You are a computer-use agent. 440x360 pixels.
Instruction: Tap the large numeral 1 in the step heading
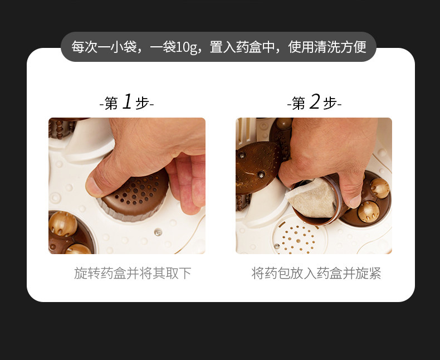[x=127, y=101]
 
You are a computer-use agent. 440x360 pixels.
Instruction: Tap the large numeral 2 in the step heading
[x=315, y=101]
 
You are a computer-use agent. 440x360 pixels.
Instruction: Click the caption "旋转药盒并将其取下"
[x=133, y=273]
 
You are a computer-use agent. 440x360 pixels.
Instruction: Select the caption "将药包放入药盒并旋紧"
[x=316, y=273]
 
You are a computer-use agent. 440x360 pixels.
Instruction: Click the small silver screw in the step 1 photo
[x=158, y=232]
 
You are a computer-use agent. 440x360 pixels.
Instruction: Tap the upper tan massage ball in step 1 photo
[x=63, y=224]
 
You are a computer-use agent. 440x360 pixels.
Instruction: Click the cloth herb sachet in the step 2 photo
[x=311, y=198]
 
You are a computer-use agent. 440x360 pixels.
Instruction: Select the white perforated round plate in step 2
[x=299, y=237]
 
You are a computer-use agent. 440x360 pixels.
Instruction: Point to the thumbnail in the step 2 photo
[x=355, y=202]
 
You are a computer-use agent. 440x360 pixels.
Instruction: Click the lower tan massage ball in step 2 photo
[x=369, y=212]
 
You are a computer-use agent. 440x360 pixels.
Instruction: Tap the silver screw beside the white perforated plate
[x=276, y=246]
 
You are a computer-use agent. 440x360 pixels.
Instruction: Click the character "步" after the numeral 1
[x=142, y=104]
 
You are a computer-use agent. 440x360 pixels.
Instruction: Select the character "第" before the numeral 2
[x=299, y=104]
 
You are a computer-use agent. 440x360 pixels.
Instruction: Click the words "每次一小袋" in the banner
[x=104, y=47]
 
